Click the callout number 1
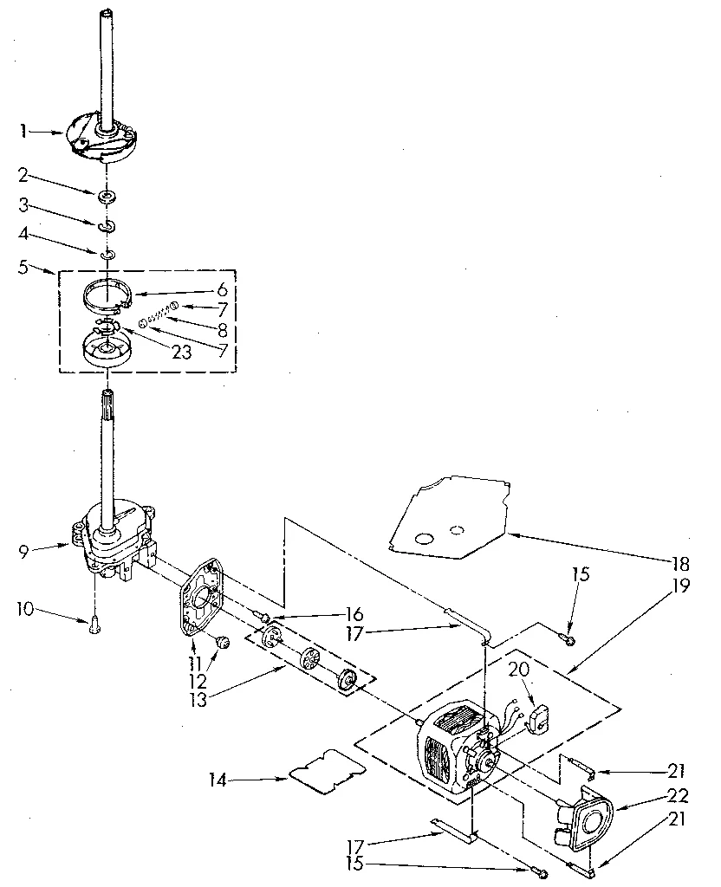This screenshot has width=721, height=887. click(x=23, y=132)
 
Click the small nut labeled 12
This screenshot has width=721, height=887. click(x=222, y=641)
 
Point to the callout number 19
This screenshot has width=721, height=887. click(x=680, y=586)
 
